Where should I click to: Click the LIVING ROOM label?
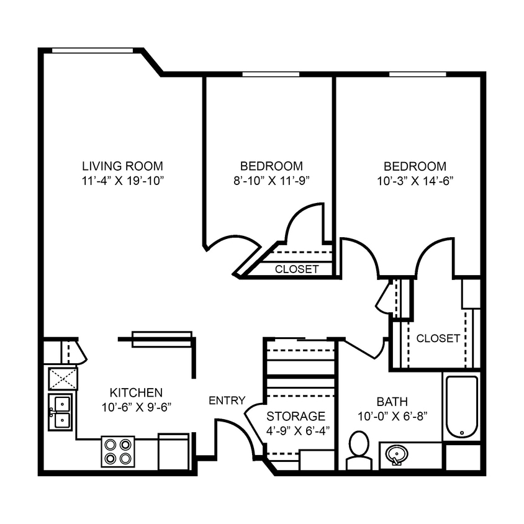[123, 166]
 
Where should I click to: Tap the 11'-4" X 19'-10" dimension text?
[123, 181]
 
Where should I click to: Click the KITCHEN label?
[136, 392]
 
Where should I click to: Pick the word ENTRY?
[227, 400]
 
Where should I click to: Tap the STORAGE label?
[296, 416]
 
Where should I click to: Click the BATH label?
[392, 402]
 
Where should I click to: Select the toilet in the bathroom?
[358, 450]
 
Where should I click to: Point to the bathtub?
[461, 407]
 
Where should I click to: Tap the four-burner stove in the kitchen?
[118, 452]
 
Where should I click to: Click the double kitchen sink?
[61, 412]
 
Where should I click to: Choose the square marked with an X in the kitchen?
[63, 378]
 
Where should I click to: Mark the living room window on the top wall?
[93, 51]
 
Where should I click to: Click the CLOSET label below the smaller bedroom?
[297, 269]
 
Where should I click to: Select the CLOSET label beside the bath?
[438, 338]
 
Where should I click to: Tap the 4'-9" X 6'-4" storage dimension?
[296, 430]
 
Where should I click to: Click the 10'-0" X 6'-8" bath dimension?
[392, 416]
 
